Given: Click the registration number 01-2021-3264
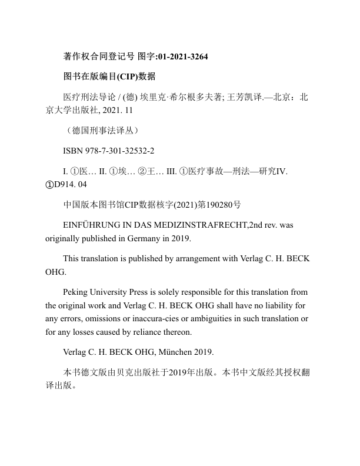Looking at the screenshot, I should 182,57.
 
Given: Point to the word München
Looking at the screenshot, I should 179,353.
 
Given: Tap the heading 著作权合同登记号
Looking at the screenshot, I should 98,57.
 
